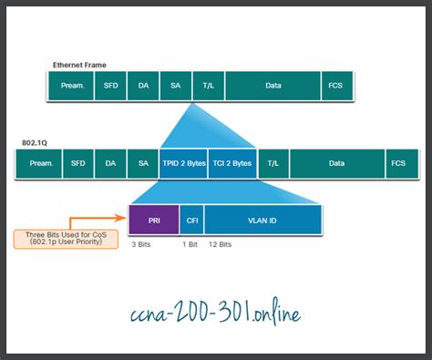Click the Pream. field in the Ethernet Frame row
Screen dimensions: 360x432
[71, 85]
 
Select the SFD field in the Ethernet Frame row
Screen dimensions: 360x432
[109, 85]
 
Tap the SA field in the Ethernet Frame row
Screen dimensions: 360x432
[175, 85]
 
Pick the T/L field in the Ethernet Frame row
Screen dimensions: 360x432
[208, 85]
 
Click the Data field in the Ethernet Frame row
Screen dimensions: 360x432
[273, 85]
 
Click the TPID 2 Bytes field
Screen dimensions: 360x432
[183, 163]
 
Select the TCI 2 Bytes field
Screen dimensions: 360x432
[231, 163]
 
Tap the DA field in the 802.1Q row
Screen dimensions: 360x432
[109, 163]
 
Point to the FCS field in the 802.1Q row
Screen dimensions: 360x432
[397, 163]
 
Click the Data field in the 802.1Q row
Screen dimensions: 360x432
[336, 163]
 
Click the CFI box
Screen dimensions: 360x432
[191, 219]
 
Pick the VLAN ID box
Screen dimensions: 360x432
[262, 219]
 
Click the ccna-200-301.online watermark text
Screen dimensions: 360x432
[216, 313]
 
